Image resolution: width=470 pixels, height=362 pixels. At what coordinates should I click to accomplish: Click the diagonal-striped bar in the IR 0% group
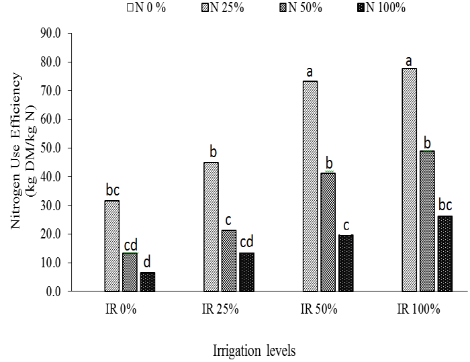pyautogui.click(x=112, y=246)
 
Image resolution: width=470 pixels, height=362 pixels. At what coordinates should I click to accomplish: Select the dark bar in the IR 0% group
pyautogui.click(x=148, y=282)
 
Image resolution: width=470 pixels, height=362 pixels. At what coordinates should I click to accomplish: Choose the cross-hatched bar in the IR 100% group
pyautogui.click(x=426, y=221)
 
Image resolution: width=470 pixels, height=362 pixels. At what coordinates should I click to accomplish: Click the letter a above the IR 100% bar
pyautogui.click(x=409, y=62)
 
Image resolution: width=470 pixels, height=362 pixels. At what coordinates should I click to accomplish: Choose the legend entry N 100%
pyautogui.click(x=375, y=8)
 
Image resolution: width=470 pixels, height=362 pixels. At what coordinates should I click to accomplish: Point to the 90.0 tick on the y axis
pyautogui.click(x=69, y=33)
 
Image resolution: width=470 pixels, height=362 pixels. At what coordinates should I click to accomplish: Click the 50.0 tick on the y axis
pyautogui.click(x=69, y=148)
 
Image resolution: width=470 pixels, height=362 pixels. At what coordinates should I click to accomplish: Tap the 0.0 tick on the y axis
pyautogui.click(x=72, y=291)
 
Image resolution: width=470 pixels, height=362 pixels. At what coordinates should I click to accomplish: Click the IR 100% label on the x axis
pyautogui.click(x=418, y=310)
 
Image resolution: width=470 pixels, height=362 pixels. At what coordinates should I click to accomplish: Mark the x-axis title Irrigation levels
pyautogui.click(x=254, y=351)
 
